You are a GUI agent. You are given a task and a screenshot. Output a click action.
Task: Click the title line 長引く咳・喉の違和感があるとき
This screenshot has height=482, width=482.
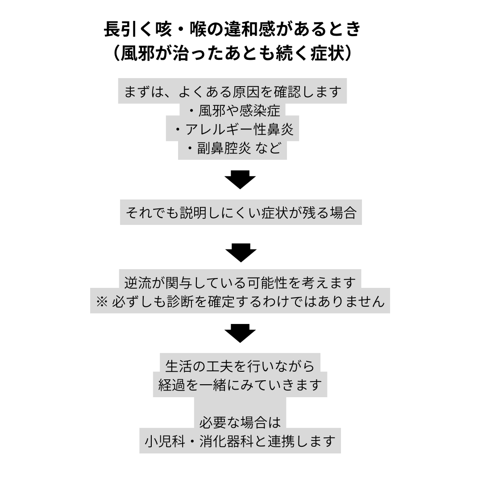tap(232, 30)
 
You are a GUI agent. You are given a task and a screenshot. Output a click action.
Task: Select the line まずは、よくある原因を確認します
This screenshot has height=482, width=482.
tap(233, 91)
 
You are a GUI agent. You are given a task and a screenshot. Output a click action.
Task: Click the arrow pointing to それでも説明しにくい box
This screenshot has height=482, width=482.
tap(240, 179)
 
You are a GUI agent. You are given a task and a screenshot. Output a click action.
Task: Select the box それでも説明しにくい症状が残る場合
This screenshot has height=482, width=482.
tap(241, 212)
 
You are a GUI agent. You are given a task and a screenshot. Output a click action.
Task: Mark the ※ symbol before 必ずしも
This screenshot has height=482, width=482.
tap(102, 302)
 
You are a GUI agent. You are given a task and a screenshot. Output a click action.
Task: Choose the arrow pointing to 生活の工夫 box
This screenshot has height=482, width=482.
tap(240, 333)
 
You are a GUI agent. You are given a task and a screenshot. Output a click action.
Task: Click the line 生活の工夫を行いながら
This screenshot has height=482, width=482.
tap(240, 366)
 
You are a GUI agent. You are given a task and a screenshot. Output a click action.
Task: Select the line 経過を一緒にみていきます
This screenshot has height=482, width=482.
tap(240, 385)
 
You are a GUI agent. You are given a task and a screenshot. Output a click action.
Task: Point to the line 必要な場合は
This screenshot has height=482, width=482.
tap(240, 422)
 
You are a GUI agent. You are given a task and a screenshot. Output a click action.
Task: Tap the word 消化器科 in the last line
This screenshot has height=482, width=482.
tap(225, 441)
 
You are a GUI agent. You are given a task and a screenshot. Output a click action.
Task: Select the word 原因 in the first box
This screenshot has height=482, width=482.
tap(244, 91)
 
